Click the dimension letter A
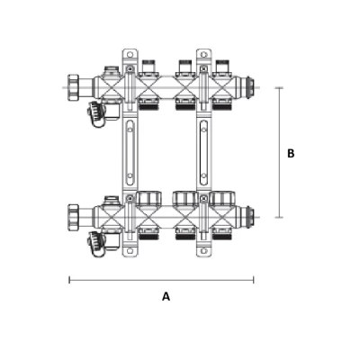pyautogui.click(x=166, y=296)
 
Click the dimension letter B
pyautogui.click(x=291, y=153)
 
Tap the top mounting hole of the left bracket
pyautogui.click(x=130, y=55)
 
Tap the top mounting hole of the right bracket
pyautogui.click(x=204, y=55)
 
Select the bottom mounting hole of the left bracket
pyautogui.click(x=130, y=251)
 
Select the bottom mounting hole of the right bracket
pyautogui.click(x=204, y=251)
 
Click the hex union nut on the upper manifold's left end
pyautogui.click(x=73, y=87)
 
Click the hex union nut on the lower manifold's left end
pyautogui.click(x=73, y=217)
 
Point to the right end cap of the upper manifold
pyautogui.click(x=248, y=87)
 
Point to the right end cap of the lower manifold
pyautogui.click(x=248, y=217)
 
